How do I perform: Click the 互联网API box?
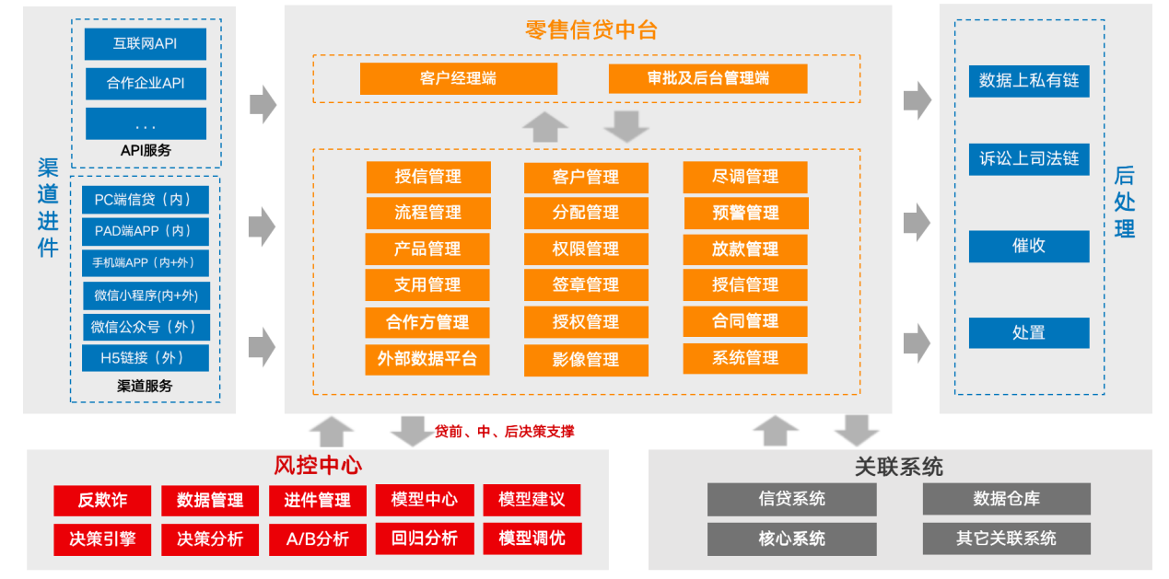point(146,43)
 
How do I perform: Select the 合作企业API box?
point(146,83)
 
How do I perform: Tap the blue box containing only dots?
point(146,123)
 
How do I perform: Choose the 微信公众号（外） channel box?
point(145,327)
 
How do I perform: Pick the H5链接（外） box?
point(145,357)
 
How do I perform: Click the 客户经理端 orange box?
point(458,78)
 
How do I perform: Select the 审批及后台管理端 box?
point(707,78)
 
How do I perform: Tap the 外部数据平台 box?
point(427,359)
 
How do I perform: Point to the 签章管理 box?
point(586,285)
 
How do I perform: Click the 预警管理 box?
point(745,213)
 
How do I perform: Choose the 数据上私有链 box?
point(1029,80)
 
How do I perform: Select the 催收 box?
point(1029,246)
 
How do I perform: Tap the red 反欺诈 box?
point(102,500)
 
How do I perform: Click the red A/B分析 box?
point(318,538)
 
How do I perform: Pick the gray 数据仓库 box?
point(1006,499)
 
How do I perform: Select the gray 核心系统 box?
point(791,538)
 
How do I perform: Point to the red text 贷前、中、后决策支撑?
point(505,431)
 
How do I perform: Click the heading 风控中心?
point(318,465)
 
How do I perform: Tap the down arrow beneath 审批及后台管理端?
point(627,126)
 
